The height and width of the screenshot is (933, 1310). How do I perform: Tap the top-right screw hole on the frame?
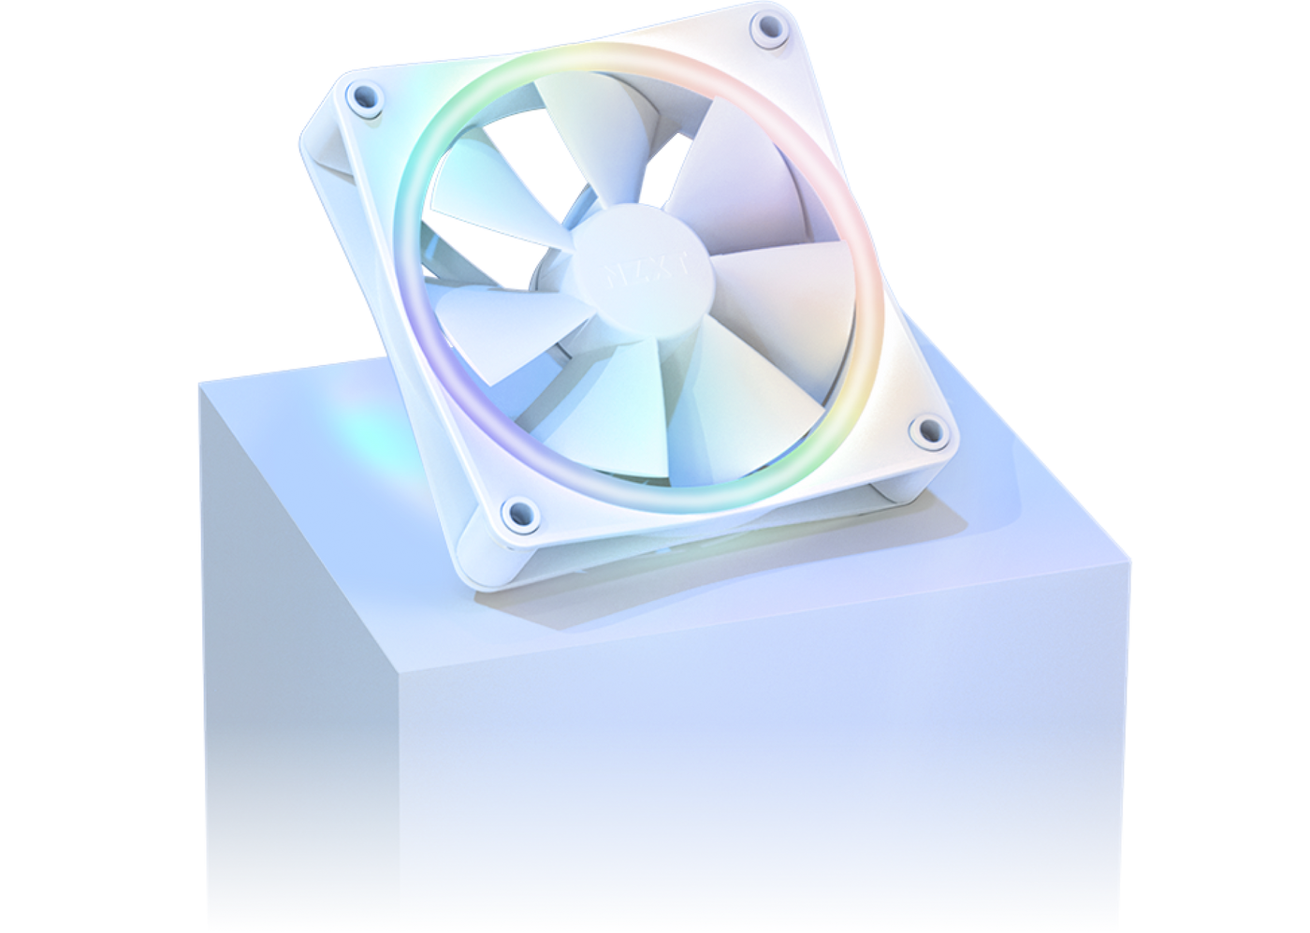[x=769, y=27]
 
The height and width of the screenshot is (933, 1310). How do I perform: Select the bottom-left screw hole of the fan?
[x=517, y=511]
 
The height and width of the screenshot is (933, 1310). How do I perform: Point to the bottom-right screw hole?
[x=927, y=430]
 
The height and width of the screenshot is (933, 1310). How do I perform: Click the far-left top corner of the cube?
[x=199, y=382]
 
